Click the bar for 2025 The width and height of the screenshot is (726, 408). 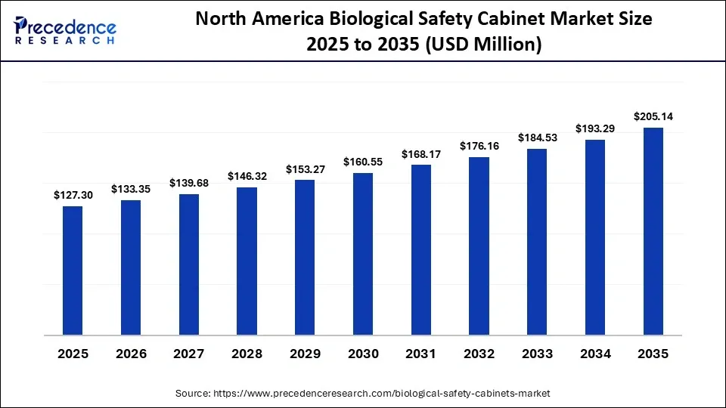coord(73,270)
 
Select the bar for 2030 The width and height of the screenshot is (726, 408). coord(363,253)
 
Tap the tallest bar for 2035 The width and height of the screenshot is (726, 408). coord(653,230)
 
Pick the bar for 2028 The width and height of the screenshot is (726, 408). coord(247,261)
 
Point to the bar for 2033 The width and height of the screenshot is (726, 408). coord(537,241)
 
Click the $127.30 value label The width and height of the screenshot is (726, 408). coord(73,195)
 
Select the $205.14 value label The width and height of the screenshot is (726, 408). coord(653,116)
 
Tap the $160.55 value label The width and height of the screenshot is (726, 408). coord(363,162)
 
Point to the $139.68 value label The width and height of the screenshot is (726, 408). coord(189,183)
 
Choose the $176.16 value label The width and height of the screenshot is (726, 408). coord(479,146)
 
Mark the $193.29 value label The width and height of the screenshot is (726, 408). coord(595,128)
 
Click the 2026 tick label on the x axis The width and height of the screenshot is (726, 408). coord(131,354)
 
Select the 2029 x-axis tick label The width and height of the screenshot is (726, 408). coord(305,354)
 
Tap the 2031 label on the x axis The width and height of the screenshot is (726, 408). coord(421,354)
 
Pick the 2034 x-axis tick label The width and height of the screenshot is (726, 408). coord(595,354)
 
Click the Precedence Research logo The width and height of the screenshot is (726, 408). coord(65,30)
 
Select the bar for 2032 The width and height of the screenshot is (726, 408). coord(479,246)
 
